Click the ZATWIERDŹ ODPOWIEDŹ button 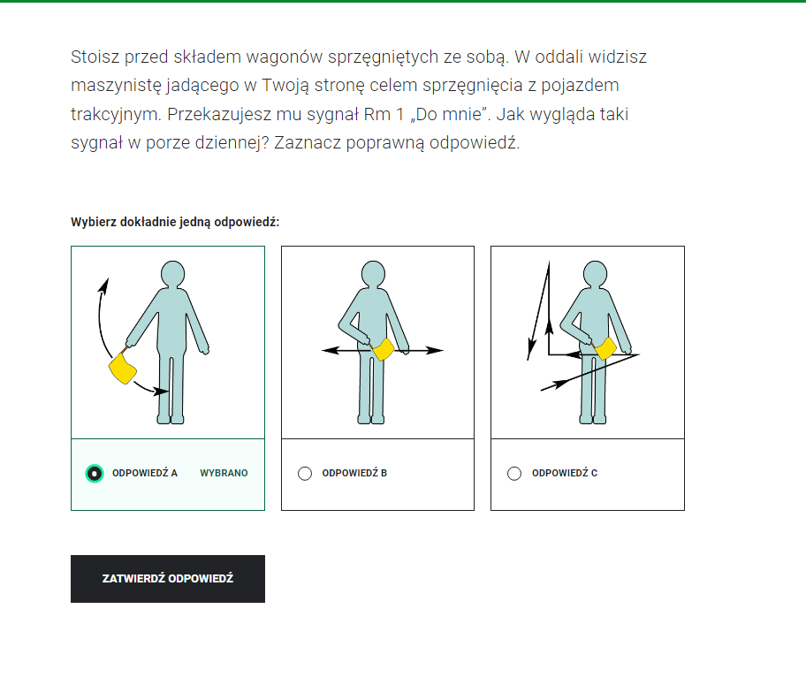click(168, 579)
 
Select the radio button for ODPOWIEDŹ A click(95, 473)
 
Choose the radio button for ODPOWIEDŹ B click(305, 473)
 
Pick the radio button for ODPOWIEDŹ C click(514, 473)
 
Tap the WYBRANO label click(224, 473)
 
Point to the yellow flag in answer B click(384, 350)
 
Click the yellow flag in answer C click(605, 349)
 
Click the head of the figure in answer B click(377, 274)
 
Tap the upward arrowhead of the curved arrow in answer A click(104, 285)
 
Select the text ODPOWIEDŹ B click(354, 473)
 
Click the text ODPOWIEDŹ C click(564, 473)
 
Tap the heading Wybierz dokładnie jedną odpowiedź click(175, 222)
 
